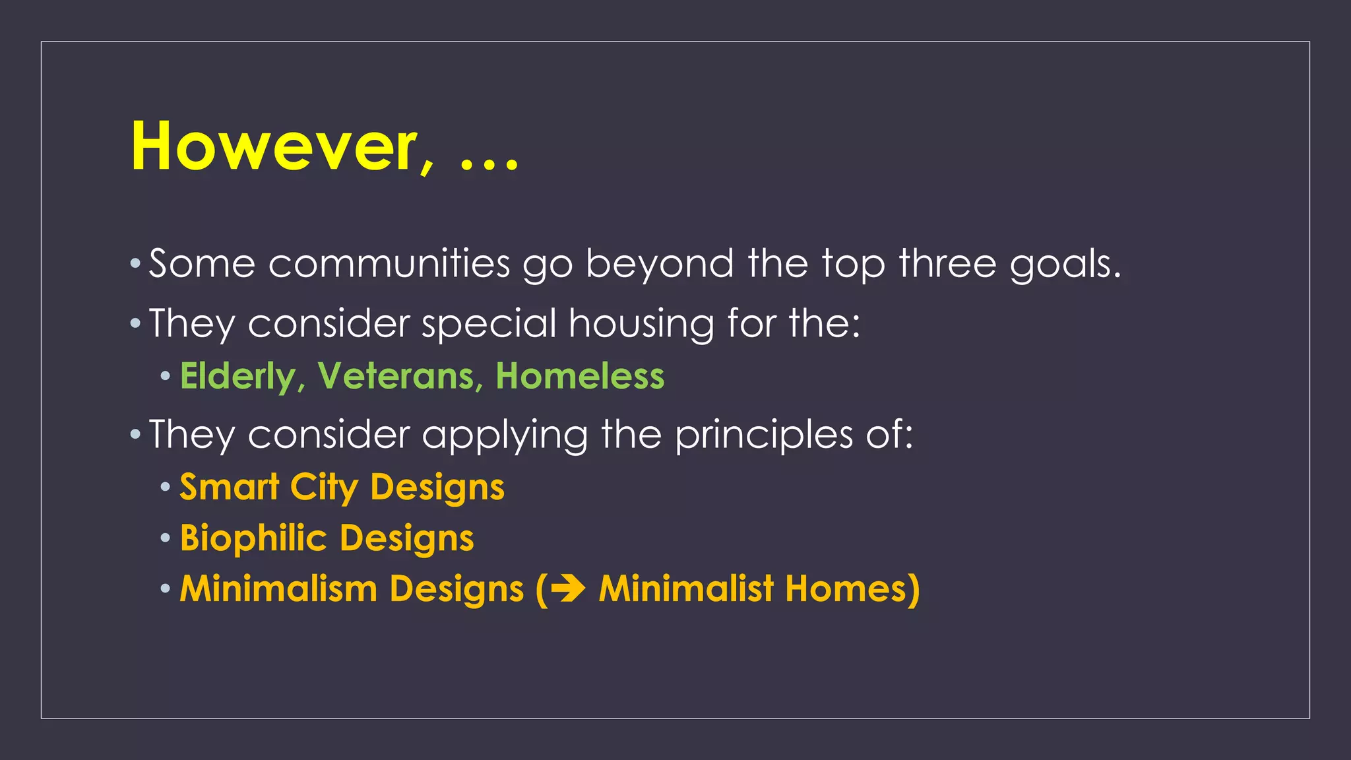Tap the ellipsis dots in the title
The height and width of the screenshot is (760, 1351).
point(489,164)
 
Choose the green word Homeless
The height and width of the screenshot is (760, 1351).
point(580,376)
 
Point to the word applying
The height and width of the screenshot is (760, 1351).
point(505,436)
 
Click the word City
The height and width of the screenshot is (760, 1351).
point(324,488)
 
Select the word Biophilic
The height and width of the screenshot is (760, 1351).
point(253,538)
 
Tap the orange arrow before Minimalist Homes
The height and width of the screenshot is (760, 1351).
point(568,588)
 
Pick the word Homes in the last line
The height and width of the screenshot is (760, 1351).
point(852,588)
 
